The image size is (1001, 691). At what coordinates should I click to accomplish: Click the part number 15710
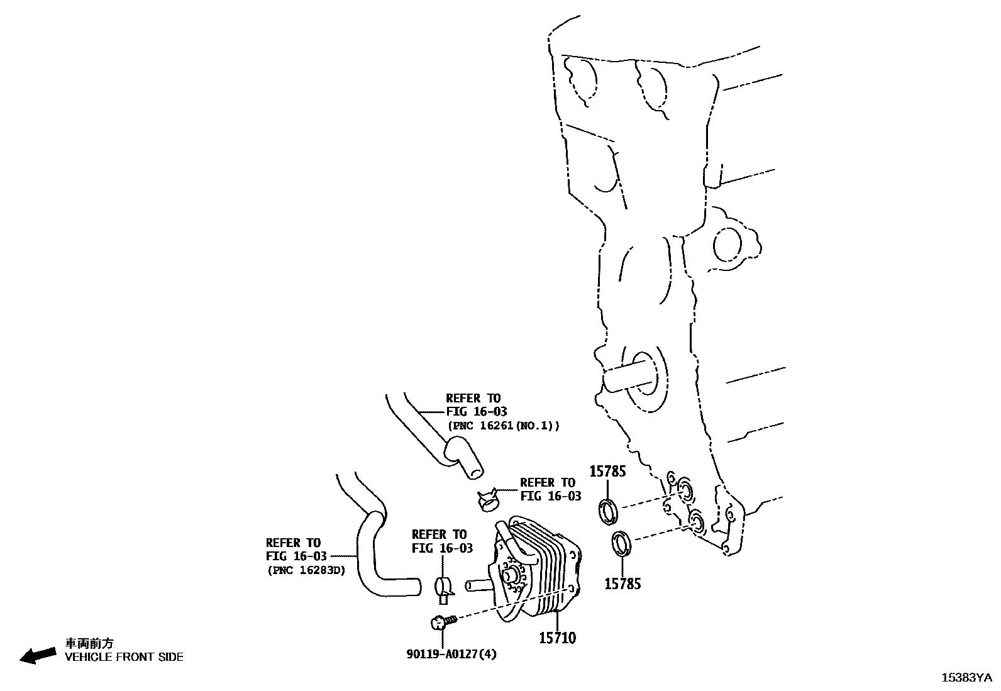coord(556,638)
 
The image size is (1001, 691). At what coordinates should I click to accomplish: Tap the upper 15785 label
coord(607,471)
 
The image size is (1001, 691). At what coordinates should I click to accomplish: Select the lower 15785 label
coord(622,583)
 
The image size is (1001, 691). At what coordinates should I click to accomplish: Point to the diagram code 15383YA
coord(966,678)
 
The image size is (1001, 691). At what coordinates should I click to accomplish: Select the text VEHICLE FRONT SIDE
coord(124,657)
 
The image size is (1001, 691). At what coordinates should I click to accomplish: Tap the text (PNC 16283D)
coord(306,571)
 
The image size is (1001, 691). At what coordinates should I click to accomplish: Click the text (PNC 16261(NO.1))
coord(503,426)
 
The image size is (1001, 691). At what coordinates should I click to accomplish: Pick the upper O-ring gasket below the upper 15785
coord(609,510)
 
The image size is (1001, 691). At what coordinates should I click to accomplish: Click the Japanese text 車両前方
coord(90,643)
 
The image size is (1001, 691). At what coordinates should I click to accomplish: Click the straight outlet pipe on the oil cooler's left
coord(478,585)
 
